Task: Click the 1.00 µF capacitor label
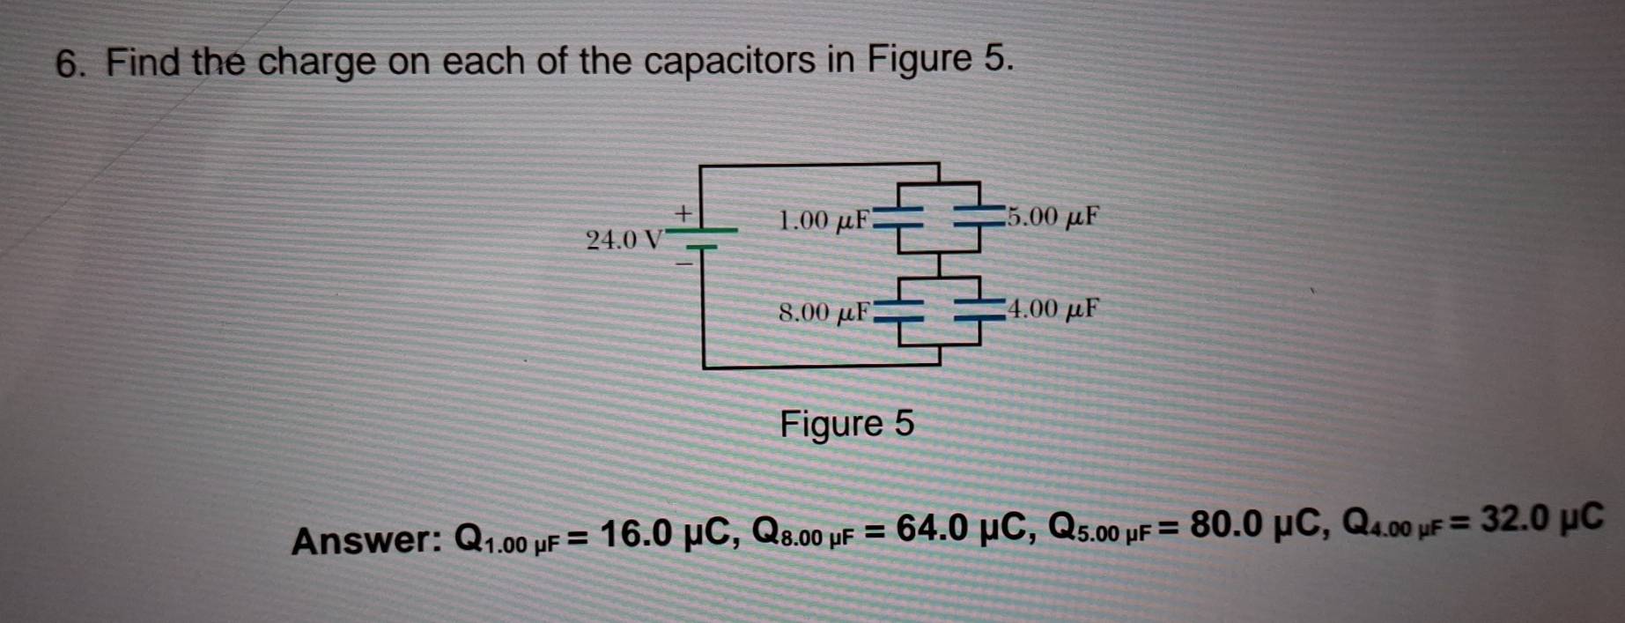pos(824,219)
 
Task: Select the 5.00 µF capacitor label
pos(1053,216)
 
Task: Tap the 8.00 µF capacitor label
pos(824,312)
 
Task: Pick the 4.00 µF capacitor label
pos(1053,309)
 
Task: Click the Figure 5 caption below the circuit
pos(847,424)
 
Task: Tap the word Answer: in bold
pos(368,540)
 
